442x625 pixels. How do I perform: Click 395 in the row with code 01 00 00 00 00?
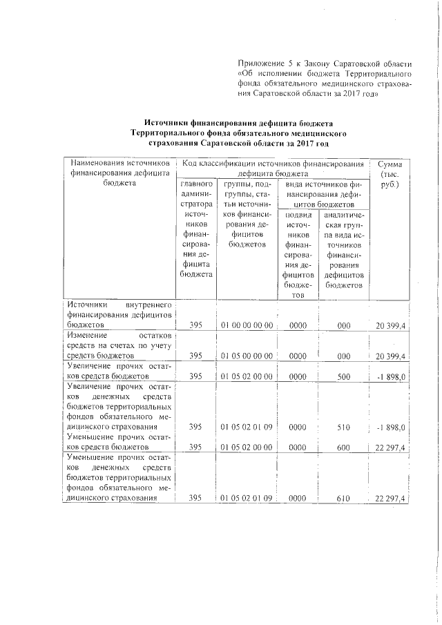(x=195, y=325)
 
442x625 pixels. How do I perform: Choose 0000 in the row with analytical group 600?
(x=298, y=448)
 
